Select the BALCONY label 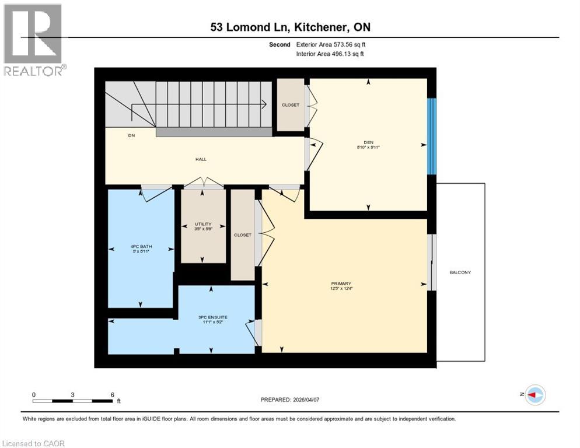[x=460, y=272]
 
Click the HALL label [x=201, y=159]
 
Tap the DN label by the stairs [x=131, y=136]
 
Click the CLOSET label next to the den [x=290, y=105]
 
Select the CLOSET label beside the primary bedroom [x=242, y=235]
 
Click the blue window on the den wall [x=432, y=136]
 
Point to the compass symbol [x=534, y=395]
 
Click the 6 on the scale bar [x=112, y=394]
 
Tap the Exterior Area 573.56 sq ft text [x=331, y=44]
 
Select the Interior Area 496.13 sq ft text [x=331, y=54]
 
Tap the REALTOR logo [x=33, y=40]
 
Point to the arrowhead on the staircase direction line [x=264, y=105]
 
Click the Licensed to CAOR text [x=34, y=443]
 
